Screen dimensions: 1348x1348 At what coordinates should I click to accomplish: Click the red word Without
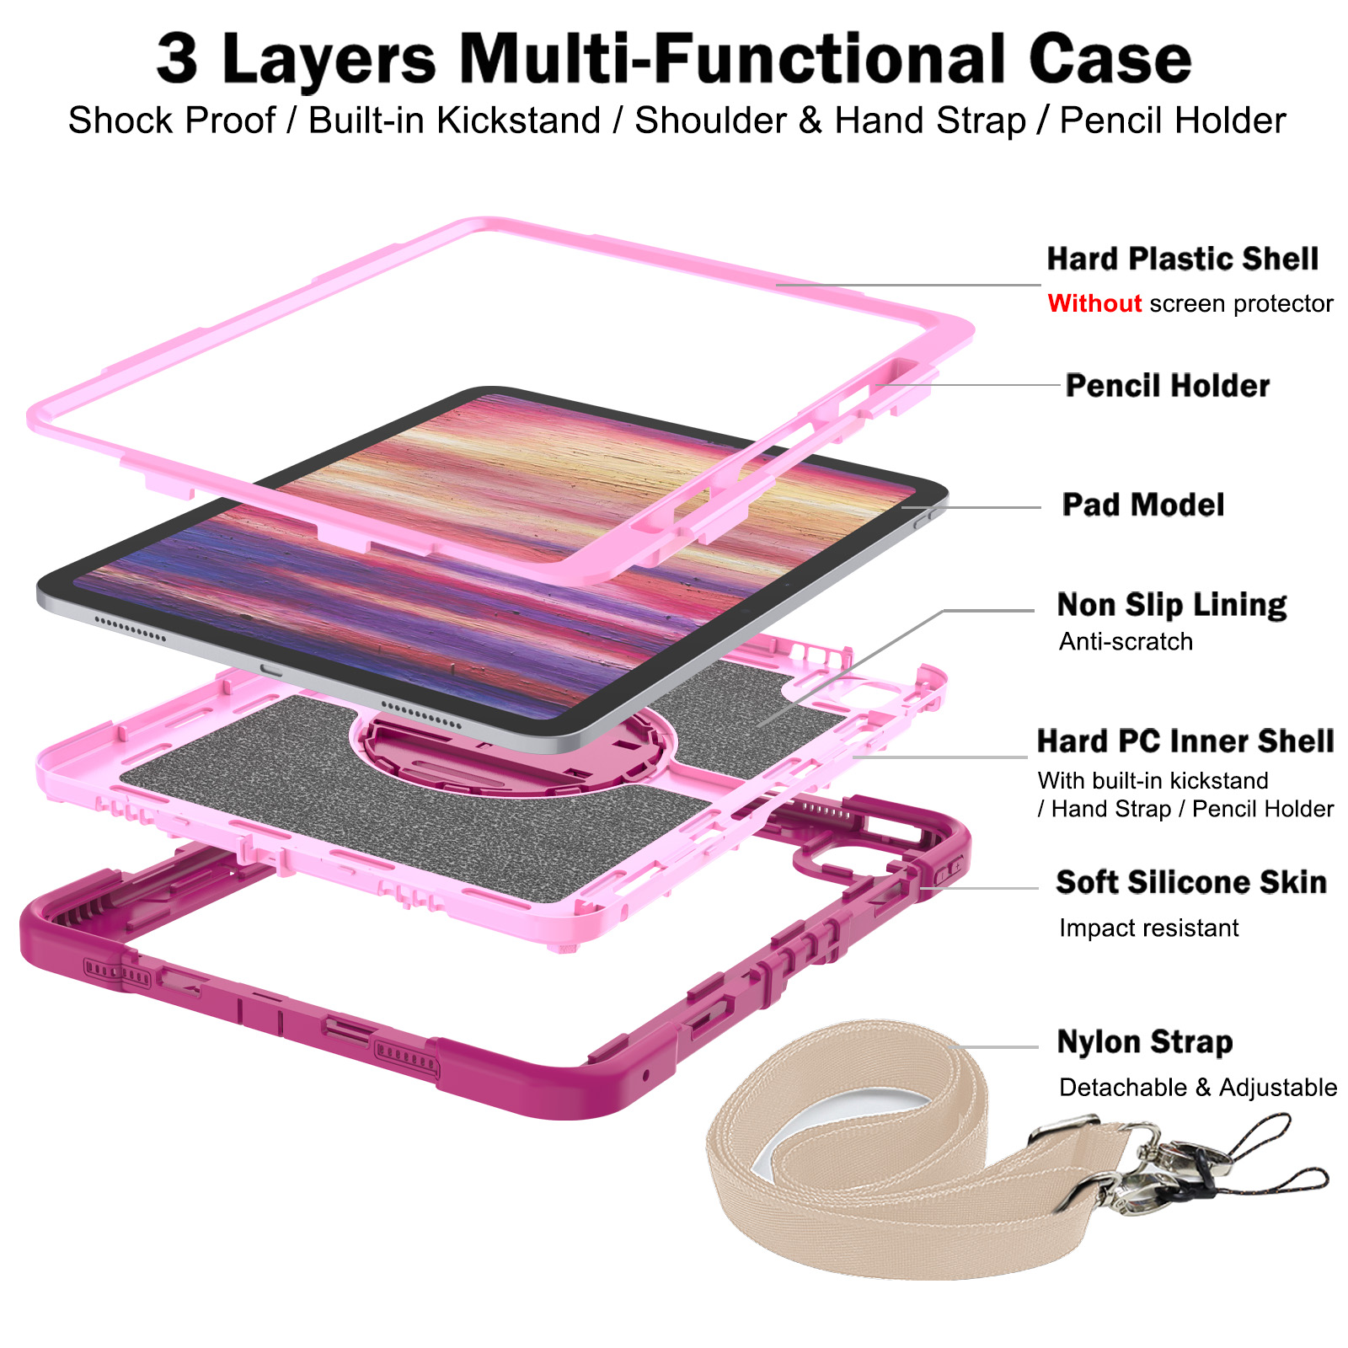tap(1094, 303)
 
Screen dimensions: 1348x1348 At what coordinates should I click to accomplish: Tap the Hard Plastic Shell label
tap(1182, 259)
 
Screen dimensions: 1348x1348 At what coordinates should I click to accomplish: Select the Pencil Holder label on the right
tap(1167, 386)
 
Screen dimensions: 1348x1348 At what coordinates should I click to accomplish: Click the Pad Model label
tap(1142, 505)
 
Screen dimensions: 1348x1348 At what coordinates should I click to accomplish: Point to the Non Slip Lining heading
tap(1171, 605)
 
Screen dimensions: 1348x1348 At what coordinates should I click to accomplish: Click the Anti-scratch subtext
tap(1126, 642)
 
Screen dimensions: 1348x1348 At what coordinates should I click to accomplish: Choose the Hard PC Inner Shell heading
tap(1185, 741)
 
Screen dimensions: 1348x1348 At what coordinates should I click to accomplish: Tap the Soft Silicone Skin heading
tap(1190, 882)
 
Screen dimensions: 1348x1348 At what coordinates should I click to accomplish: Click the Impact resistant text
tap(1148, 928)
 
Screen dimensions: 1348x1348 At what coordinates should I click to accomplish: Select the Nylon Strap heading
tap(1144, 1042)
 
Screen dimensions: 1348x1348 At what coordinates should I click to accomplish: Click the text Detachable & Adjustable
tap(1197, 1088)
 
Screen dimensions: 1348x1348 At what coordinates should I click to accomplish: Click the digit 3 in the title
tap(178, 59)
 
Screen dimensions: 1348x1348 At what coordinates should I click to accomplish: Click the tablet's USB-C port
tap(271, 670)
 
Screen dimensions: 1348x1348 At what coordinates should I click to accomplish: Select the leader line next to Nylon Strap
tap(1003, 1047)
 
